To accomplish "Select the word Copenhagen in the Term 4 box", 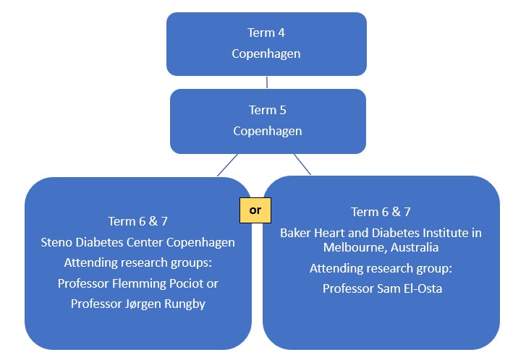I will [266, 53].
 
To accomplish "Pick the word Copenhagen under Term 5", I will [267, 132].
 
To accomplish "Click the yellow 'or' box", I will [255, 210].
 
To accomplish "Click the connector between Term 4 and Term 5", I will [267, 82].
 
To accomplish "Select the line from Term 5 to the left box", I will [228, 164].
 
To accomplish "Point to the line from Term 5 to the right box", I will [302, 164].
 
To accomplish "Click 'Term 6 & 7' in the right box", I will [381, 212].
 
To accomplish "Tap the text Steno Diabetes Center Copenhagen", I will [137, 242].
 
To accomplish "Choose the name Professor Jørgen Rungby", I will [137, 304].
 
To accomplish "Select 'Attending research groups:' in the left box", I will [137, 262].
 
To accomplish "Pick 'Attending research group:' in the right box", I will [381, 268].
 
